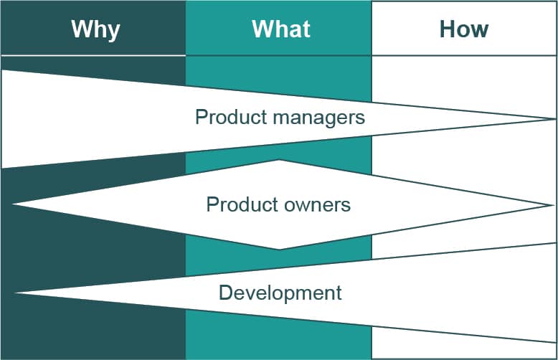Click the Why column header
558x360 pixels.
[95, 29]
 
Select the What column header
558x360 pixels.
[280, 29]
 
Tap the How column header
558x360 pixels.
[463, 29]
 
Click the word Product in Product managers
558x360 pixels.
[226, 117]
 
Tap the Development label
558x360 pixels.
[280, 293]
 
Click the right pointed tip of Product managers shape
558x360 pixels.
[554, 118]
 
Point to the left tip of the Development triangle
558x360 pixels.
[15, 293]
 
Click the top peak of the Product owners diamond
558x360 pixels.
[279, 160]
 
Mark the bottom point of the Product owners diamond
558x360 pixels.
[279, 250]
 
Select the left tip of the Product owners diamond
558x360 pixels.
[13, 205]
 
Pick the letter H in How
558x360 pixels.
[446, 29]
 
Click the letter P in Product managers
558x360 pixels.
[201, 117]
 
